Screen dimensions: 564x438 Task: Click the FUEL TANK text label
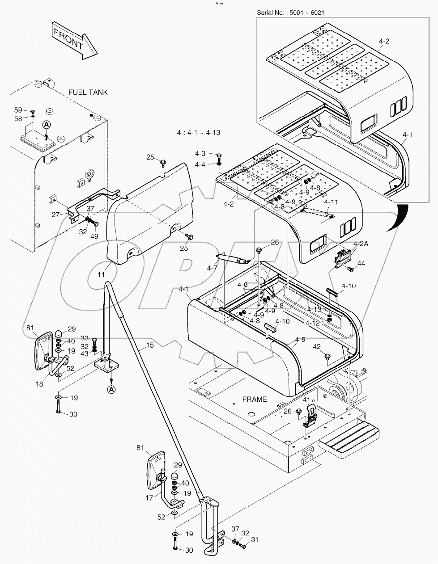click(88, 93)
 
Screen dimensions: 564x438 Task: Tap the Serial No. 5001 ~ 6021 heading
click(290, 13)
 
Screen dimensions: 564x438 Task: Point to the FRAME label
click(255, 399)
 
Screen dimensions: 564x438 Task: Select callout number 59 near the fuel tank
click(18, 110)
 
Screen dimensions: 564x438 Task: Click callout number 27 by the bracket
click(55, 215)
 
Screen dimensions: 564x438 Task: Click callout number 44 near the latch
click(361, 264)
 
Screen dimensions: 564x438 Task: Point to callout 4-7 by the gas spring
click(212, 268)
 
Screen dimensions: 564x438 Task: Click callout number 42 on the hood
click(317, 346)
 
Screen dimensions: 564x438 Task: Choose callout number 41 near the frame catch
click(306, 400)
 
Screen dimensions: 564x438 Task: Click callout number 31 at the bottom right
click(255, 540)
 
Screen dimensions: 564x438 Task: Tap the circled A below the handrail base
click(111, 390)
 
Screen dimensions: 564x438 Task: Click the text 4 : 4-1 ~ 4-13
click(199, 133)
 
